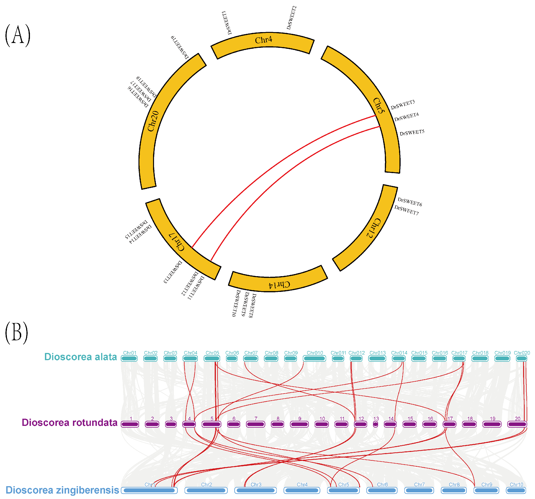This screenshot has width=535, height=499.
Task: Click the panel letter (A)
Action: coord(18,35)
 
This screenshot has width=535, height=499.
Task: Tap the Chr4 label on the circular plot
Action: coord(264,40)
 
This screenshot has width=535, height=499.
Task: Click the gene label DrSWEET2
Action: coord(292,18)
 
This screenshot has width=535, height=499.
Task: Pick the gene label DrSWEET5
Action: coord(412,132)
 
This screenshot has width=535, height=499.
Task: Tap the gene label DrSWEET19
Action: coord(180,47)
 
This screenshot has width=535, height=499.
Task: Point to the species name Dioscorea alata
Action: coord(81,357)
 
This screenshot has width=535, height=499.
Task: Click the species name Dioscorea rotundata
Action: coord(69,423)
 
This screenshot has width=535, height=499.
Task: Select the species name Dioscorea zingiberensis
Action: coord(62,490)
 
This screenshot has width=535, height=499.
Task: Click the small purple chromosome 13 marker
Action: coord(375,425)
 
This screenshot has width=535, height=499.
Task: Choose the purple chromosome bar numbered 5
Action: coord(212,425)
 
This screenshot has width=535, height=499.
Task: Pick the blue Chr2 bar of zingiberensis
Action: coord(206,490)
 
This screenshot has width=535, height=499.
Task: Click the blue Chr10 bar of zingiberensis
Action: coord(516,490)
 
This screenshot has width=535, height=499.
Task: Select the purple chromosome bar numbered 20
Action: coord(517,425)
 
